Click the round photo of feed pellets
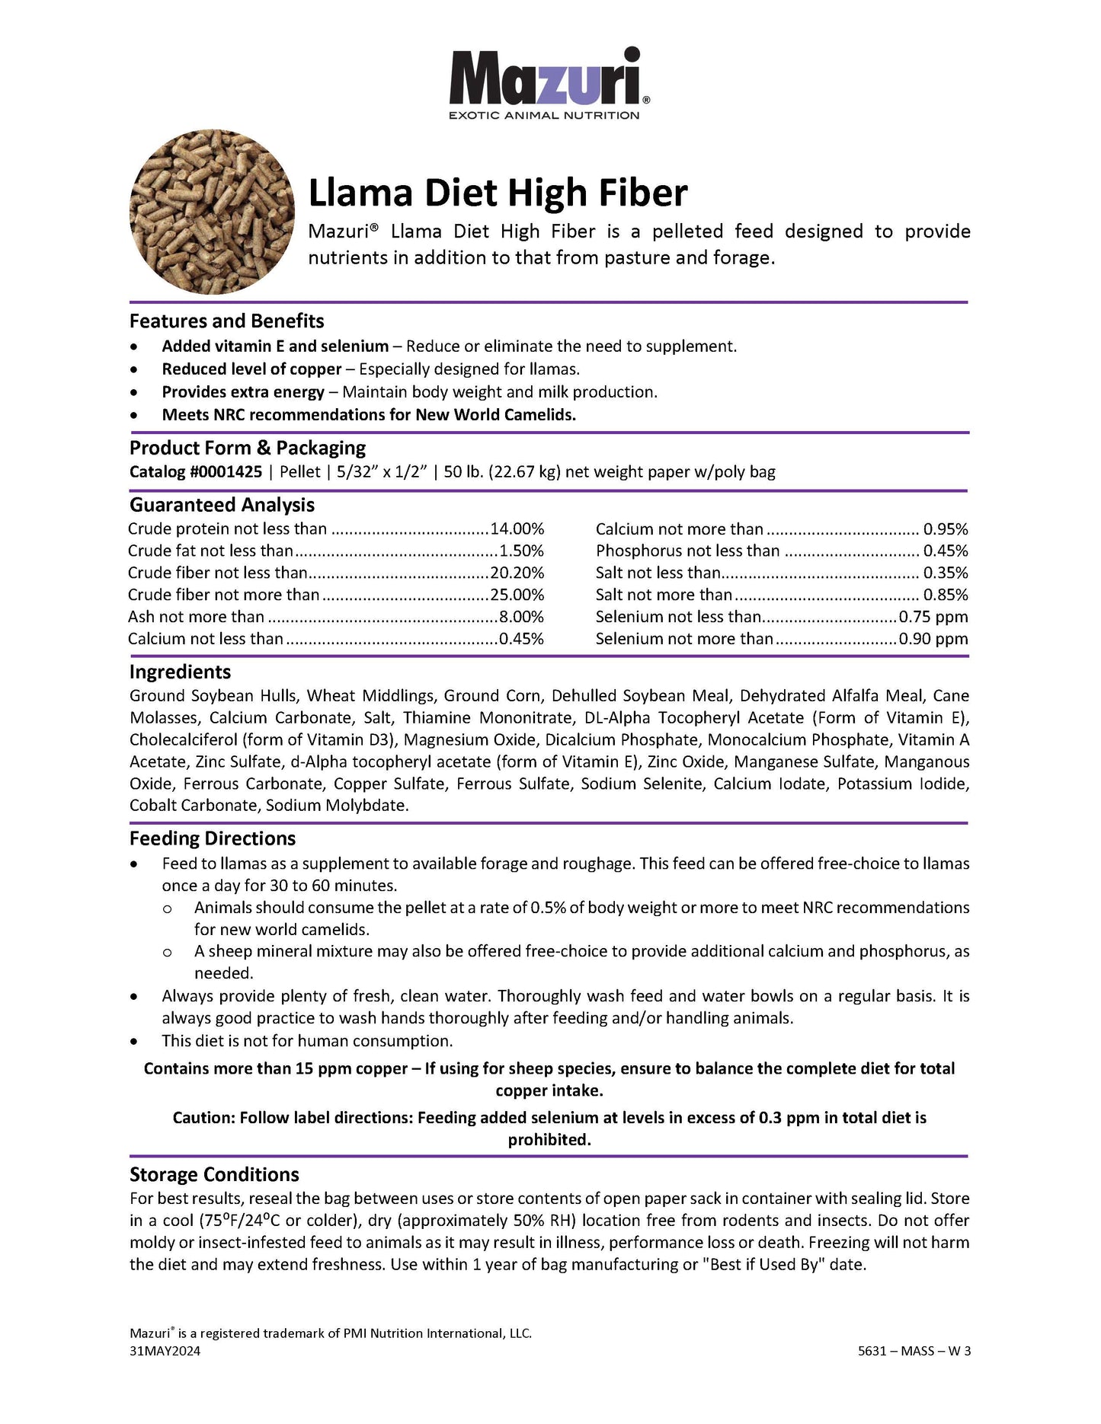click(x=213, y=212)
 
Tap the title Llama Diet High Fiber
click(x=498, y=193)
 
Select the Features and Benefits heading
click(x=226, y=321)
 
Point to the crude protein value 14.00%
click(x=517, y=529)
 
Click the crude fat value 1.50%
click(x=521, y=551)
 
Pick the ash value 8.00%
click(x=521, y=617)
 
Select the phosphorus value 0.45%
click(x=946, y=551)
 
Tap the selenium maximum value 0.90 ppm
click(x=933, y=639)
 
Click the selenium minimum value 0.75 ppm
click(x=933, y=617)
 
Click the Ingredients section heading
click(x=180, y=672)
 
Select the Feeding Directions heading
click(x=213, y=838)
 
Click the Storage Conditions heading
click(x=214, y=1174)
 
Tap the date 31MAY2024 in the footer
click(x=165, y=1351)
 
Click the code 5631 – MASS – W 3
click(x=914, y=1351)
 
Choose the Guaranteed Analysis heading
click(x=222, y=505)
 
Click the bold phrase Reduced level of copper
click(x=251, y=369)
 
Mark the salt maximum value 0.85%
click(x=946, y=595)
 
